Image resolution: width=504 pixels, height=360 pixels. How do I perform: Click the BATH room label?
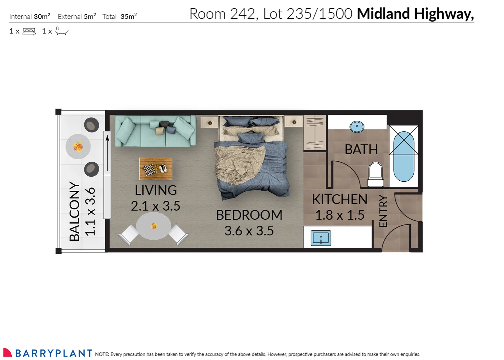tap(361, 149)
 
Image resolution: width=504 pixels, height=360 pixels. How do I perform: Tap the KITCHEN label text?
tap(339, 199)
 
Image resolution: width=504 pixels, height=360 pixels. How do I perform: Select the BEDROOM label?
tap(249, 215)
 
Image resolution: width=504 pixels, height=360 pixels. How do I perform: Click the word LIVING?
tap(156, 190)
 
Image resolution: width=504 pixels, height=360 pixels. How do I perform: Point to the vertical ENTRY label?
tap(383, 211)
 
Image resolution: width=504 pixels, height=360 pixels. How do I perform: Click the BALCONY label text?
tap(74, 211)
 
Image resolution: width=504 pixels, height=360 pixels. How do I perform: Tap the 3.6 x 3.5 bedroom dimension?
tap(249, 231)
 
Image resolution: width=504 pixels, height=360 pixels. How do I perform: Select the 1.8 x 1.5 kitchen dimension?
tap(339, 215)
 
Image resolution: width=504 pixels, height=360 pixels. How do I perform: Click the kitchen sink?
tap(320, 238)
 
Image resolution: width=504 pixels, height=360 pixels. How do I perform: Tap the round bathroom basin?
tap(357, 126)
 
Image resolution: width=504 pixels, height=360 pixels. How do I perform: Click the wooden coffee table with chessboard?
tap(156, 169)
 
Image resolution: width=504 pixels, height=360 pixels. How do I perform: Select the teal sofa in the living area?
tap(155, 131)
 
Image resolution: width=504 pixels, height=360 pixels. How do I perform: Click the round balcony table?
tap(78, 147)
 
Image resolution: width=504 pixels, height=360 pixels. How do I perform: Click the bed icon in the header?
tap(29, 32)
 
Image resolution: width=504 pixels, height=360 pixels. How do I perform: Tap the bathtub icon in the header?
tap(62, 31)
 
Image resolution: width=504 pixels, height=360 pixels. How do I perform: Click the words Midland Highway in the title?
tap(415, 14)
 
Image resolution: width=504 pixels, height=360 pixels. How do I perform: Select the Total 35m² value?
tap(129, 16)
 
